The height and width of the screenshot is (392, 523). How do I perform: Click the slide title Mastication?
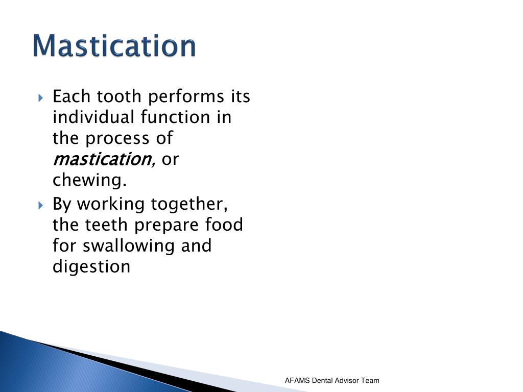(114, 46)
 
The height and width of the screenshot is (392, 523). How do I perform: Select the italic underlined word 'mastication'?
(100, 159)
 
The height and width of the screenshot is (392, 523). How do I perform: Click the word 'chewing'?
(88, 181)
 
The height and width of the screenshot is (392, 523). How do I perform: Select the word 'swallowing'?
(129, 246)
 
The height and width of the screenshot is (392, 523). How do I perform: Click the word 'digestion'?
(91, 266)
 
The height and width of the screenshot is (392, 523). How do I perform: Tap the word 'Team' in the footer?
(370, 380)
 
